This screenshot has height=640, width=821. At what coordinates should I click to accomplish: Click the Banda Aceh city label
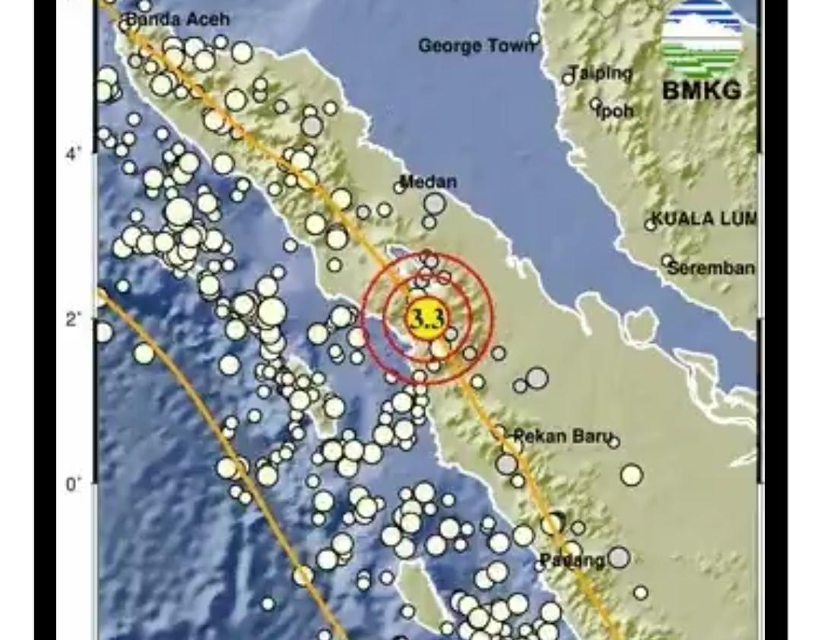tap(176, 19)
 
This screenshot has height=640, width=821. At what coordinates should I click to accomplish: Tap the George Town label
tap(476, 46)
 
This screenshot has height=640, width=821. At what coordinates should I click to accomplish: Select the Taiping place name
tap(601, 73)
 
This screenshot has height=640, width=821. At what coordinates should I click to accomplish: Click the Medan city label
tap(428, 182)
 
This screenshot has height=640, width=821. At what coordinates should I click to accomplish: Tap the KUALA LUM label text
tap(704, 219)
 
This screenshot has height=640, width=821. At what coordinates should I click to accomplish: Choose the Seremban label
tap(712, 268)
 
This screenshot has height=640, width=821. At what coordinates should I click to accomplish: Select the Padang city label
tap(572, 561)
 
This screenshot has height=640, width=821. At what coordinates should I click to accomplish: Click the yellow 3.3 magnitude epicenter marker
tap(427, 318)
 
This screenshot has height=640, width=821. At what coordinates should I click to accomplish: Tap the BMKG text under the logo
tap(702, 90)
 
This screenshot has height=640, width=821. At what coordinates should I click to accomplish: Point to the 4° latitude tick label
tap(73, 154)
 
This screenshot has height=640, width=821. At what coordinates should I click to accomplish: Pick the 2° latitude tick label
tap(73, 318)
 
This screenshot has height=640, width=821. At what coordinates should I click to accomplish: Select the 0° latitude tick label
tap(73, 484)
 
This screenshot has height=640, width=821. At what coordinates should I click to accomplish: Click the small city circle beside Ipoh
tap(595, 104)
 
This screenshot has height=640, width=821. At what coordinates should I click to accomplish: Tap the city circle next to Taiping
tap(568, 78)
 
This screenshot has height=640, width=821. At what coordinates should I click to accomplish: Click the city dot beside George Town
tap(535, 38)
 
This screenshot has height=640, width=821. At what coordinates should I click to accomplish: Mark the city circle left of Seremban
tap(667, 261)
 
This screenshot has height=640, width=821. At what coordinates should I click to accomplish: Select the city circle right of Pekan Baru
tap(614, 442)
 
